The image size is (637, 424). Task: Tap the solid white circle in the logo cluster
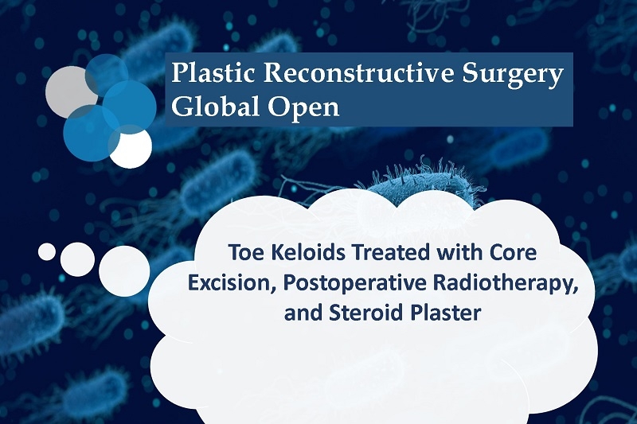(132, 148)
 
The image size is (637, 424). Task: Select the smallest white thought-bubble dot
(47, 251)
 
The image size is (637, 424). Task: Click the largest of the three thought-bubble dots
(124, 271)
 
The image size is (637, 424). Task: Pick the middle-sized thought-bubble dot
(77, 259)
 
